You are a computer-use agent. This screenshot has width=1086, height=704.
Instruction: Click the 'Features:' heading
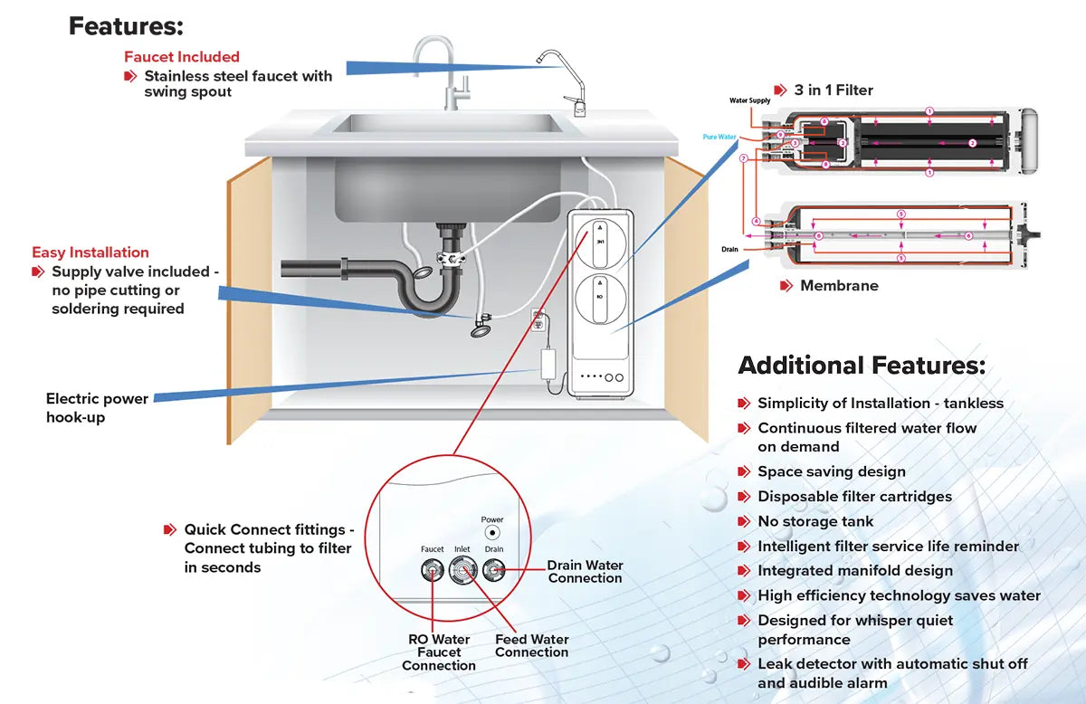[126, 26]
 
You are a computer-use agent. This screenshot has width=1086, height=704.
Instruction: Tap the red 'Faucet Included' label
[182, 57]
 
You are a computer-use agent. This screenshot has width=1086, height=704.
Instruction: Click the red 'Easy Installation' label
[90, 252]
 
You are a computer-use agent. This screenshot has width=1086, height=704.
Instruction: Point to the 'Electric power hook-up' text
[97, 407]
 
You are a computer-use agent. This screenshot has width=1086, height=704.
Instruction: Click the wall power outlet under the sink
[538, 320]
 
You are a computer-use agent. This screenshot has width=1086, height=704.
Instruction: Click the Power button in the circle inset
[492, 534]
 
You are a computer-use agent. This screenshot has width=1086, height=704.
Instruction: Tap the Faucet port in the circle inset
[433, 570]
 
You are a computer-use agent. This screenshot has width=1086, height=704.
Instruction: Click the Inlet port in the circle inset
[462, 570]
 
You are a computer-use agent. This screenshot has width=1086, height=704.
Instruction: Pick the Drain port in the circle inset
[493, 570]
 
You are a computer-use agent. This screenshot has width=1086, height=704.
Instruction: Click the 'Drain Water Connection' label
[585, 572]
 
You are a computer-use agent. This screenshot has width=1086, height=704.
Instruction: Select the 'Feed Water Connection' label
[531, 645]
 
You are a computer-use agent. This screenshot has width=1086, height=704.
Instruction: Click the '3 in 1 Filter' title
[834, 90]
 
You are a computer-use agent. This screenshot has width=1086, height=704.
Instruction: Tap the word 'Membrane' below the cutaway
[839, 286]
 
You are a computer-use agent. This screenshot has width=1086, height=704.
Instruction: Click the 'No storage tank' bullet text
[815, 521]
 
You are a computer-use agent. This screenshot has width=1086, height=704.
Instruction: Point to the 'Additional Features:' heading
[862, 366]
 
